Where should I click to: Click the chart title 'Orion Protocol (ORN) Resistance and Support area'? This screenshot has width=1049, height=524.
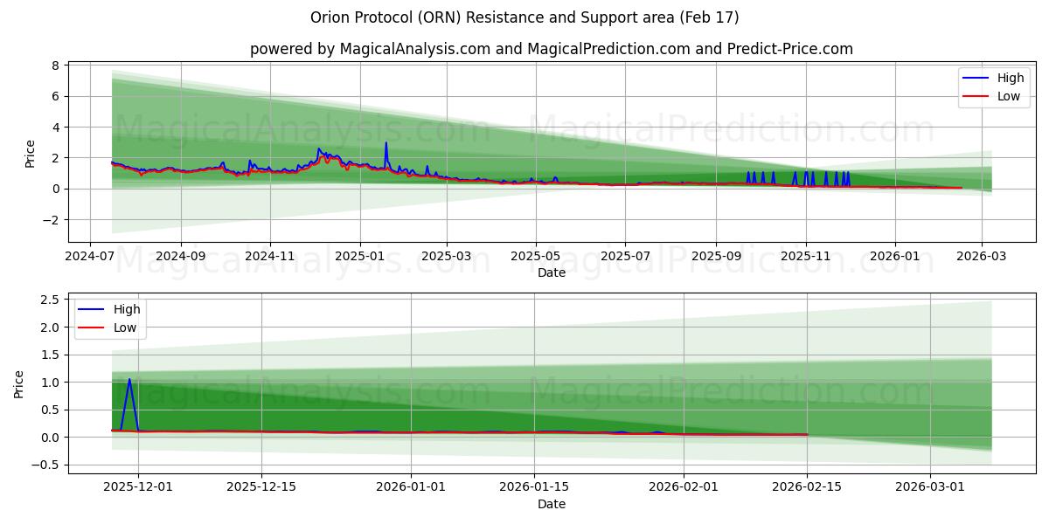pyautogui.click(x=524, y=17)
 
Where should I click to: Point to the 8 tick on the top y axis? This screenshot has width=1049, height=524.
pyautogui.click(x=55, y=65)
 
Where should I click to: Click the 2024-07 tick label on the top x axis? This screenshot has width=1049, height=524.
pyautogui.click(x=91, y=257)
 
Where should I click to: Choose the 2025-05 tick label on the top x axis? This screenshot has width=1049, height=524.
pyautogui.click(x=536, y=257)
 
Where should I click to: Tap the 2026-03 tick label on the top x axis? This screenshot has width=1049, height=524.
pyautogui.click(x=981, y=257)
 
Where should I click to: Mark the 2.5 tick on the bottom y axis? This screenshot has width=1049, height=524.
pyautogui.click(x=50, y=300)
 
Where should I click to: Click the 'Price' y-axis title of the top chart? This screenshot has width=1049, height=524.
pyautogui.click(x=31, y=154)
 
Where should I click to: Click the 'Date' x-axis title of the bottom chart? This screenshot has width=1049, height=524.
pyautogui.click(x=551, y=504)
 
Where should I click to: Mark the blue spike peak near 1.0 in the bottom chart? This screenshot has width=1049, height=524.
pyautogui.click(x=129, y=379)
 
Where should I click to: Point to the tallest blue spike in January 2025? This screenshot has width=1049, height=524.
pyautogui.click(x=386, y=142)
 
